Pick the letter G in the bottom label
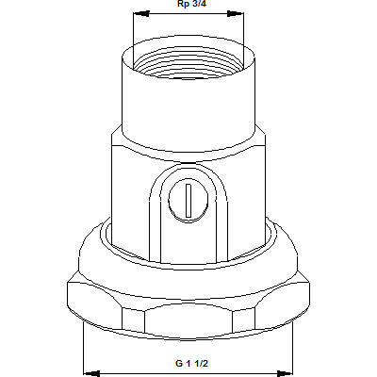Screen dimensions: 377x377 tap(176, 363)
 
